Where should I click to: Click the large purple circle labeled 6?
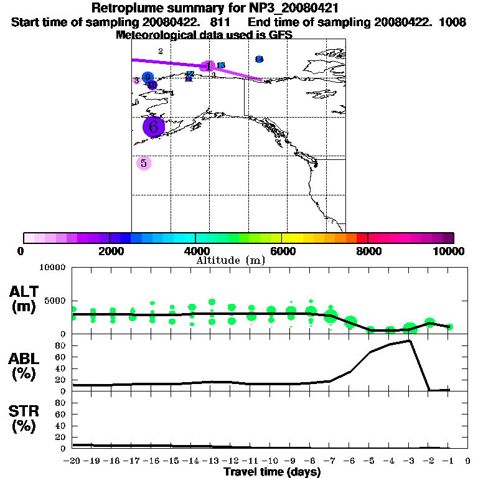153,127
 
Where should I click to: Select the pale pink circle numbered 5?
144,163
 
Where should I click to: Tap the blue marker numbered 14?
259,59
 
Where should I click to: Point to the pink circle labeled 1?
209,66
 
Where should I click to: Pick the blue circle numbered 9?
148,78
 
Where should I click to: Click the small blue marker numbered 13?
220,65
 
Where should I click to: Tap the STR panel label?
26,418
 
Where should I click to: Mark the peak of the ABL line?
410,340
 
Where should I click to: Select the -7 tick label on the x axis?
330,461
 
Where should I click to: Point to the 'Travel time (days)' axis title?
272,472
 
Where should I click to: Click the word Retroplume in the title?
128,9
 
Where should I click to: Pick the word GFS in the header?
280,35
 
